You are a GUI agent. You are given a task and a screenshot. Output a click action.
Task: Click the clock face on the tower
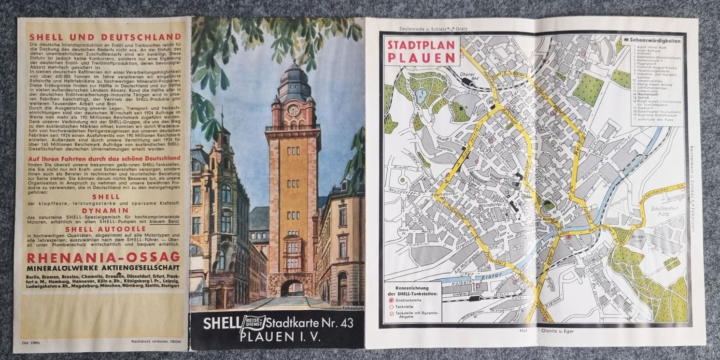[x=293, y=109]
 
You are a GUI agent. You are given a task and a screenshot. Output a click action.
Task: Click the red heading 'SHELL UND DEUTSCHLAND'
[x=105, y=37]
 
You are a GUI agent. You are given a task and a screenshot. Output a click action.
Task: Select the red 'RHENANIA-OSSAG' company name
[x=104, y=257]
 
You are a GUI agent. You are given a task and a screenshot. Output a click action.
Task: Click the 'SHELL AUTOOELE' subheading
[x=105, y=229]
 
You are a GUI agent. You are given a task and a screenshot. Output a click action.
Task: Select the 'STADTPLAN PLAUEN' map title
[x=421, y=51]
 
